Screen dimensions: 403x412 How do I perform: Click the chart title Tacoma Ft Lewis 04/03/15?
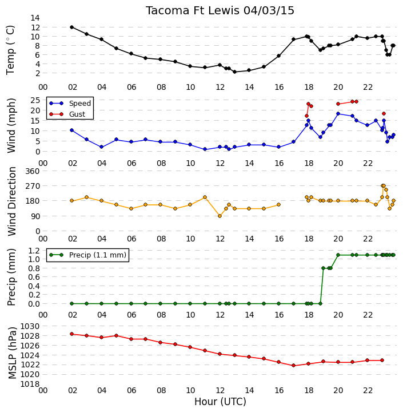point(220,11)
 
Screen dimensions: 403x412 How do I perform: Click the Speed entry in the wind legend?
point(70,103)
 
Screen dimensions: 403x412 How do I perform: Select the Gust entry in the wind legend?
point(67,114)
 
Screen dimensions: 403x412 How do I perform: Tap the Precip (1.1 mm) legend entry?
point(87,255)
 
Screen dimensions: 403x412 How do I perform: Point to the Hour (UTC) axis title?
point(220,402)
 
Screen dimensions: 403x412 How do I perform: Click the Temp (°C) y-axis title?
point(10,50)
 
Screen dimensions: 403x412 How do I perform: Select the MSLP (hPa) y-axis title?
point(12,353)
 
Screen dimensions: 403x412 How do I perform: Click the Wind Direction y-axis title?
point(12,201)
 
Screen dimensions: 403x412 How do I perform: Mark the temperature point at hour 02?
point(71,27)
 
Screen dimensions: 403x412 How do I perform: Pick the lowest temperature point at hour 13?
point(235,72)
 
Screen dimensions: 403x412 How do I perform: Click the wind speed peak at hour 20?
point(338,113)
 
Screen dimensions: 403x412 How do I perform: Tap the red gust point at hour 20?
point(338,104)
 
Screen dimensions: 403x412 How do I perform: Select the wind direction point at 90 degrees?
point(220,216)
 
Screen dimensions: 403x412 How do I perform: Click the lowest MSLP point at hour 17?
point(293,365)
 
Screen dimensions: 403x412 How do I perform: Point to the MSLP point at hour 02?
point(71,334)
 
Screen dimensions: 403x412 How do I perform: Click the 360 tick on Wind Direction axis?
point(33,171)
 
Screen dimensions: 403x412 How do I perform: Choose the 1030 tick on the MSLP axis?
point(30,326)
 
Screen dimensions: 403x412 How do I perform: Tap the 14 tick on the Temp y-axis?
point(35,18)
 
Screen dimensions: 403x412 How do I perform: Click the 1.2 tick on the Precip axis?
point(34,251)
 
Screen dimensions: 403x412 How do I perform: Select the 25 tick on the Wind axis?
point(35,100)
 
